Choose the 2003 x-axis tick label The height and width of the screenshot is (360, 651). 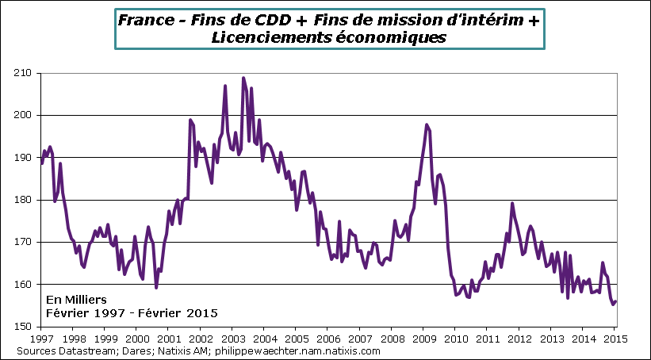tap(232, 339)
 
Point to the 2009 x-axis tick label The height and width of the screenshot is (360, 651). tap(423, 339)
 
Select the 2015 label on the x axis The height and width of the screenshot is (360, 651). tap(615, 339)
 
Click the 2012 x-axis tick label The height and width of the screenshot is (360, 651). tap(519, 339)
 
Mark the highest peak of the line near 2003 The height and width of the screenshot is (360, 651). tap(243, 78)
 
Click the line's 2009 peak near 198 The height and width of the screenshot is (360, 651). tap(427, 124)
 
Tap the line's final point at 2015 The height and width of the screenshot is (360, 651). tap(616, 301)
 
